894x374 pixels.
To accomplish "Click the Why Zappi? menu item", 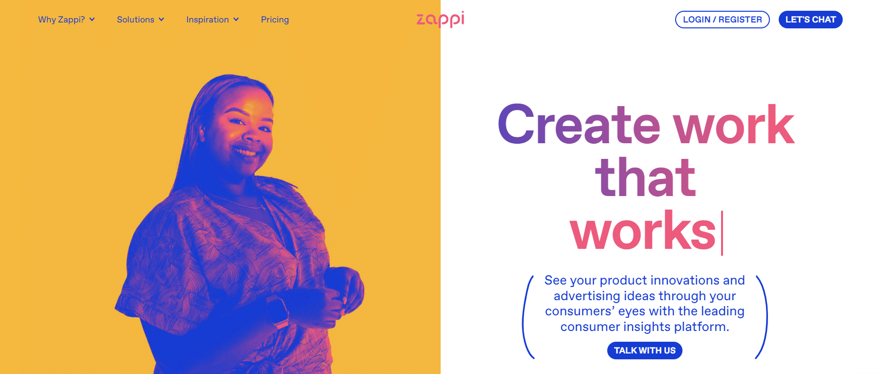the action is point(66,20).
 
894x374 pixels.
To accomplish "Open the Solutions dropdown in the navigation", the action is point(140,20).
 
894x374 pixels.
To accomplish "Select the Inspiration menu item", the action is point(213,20).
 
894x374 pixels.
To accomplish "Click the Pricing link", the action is point(275,20).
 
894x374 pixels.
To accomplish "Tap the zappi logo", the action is point(440,19).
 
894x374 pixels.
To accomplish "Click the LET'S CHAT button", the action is point(810,20).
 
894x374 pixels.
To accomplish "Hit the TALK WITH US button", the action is point(645,351).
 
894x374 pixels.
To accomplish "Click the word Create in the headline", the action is point(579,125).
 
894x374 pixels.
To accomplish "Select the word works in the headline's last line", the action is point(643,230).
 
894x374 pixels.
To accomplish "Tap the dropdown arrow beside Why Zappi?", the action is point(92,20).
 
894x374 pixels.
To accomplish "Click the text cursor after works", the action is point(722,233).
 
